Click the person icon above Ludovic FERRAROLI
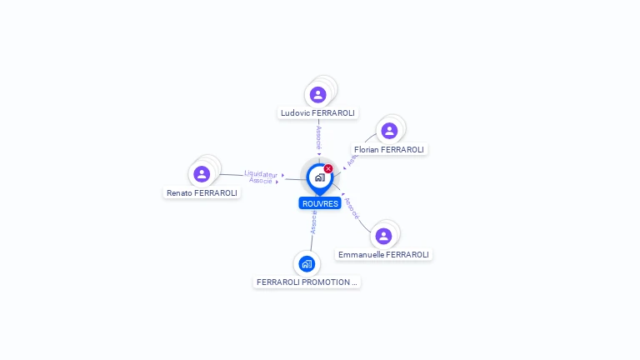pyautogui.click(x=317, y=95)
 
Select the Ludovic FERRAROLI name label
pyautogui.click(x=317, y=112)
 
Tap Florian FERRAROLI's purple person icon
pyautogui.click(x=388, y=131)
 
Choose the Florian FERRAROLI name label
pyautogui.click(x=389, y=150)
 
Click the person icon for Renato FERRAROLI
pyautogui.click(x=202, y=174)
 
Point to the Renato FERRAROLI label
pyautogui.click(x=202, y=192)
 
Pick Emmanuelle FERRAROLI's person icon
pyautogui.click(x=383, y=236)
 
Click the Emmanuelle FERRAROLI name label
pyautogui.click(x=384, y=254)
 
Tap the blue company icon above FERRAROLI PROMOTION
pyautogui.click(x=307, y=264)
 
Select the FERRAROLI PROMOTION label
pyautogui.click(x=307, y=282)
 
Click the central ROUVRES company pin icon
pyautogui.click(x=319, y=177)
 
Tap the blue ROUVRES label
pyautogui.click(x=320, y=203)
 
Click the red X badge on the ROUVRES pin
pyautogui.click(x=328, y=169)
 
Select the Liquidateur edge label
pyautogui.click(x=261, y=174)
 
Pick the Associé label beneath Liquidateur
pyautogui.click(x=261, y=181)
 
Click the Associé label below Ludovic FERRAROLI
pyautogui.click(x=318, y=137)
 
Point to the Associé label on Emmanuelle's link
pyautogui.click(x=352, y=208)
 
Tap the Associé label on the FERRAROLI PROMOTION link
pyautogui.click(x=313, y=222)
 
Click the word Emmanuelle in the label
pyautogui.click(x=361, y=254)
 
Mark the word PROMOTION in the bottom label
pyautogui.click(x=328, y=282)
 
